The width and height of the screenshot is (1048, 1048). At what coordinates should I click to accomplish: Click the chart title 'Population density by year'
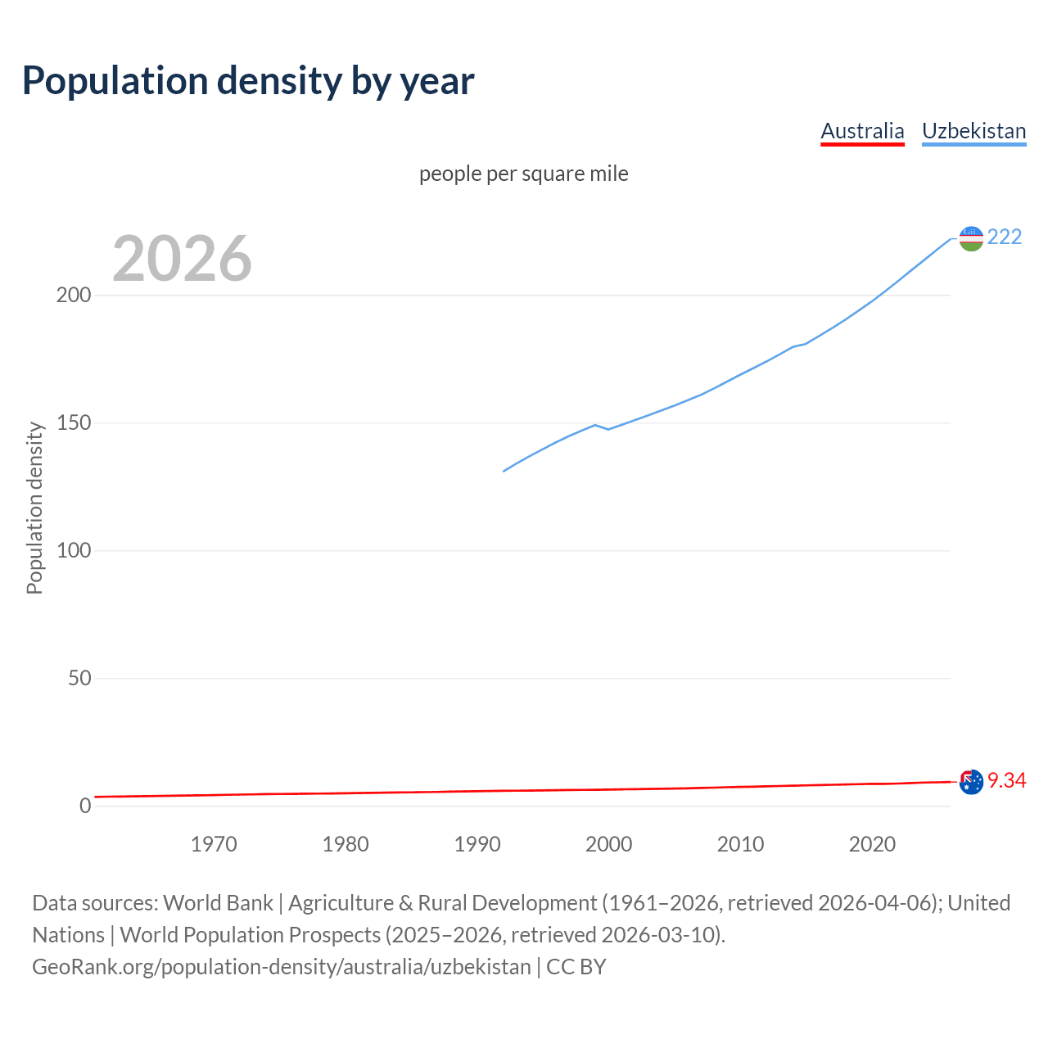pos(248,81)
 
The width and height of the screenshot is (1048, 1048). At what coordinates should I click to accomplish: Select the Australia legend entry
pos(862,131)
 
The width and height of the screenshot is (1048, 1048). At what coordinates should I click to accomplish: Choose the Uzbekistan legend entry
pos(973,131)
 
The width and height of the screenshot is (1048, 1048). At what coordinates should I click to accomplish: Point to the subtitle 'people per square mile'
pos(524,174)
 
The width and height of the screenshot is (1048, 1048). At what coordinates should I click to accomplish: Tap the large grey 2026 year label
pos(182,259)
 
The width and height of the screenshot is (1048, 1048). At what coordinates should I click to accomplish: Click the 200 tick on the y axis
pos(73,296)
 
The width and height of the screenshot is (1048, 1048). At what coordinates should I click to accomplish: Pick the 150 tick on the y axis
pos(73,423)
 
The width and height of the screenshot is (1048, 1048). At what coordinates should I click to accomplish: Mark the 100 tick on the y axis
pos(73,551)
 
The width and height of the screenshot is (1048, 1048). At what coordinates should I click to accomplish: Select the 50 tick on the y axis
pos(79,679)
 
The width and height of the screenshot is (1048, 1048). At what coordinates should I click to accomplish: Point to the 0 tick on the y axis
pos(85,806)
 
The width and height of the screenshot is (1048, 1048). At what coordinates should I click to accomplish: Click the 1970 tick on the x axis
pos(214,844)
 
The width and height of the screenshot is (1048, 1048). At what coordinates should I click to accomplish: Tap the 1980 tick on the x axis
pos(346,844)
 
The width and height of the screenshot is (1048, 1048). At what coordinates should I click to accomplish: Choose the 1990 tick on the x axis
pos(477,844)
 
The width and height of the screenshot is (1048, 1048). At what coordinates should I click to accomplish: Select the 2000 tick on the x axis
pos(608,844)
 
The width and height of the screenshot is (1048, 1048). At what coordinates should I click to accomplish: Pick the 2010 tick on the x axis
pos(740,844)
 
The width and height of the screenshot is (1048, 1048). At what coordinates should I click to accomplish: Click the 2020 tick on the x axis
pos(872,844)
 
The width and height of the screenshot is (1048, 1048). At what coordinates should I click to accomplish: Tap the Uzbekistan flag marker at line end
pos(971,238)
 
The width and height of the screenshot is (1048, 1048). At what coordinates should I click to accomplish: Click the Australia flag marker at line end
pos(971,782)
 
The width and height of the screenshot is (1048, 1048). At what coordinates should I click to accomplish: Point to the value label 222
pos(1005,237)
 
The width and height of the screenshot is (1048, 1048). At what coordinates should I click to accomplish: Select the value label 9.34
pos(1006,781)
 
